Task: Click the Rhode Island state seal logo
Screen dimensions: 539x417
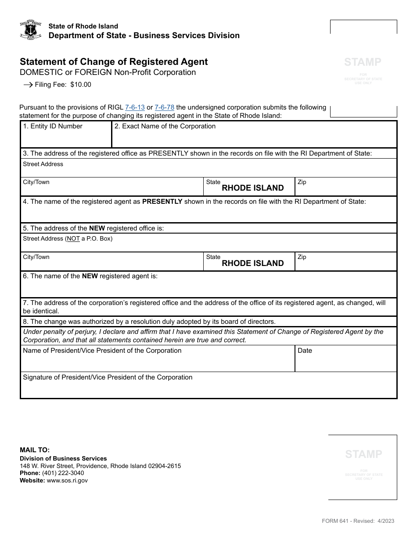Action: point(31,30)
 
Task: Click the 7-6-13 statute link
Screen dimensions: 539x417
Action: point(135,107)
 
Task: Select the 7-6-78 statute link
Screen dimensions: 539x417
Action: point(165,107)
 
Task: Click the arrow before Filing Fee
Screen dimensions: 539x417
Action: point(28,85)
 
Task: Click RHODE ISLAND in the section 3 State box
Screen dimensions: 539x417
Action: point(253,188)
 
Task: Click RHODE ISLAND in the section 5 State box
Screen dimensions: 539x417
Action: point(253,263)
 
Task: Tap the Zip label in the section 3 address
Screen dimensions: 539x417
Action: point(302,182)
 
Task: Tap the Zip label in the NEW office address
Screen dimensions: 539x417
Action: point(302,257)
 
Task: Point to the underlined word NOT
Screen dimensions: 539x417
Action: point(73,239)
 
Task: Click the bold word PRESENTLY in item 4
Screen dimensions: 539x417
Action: point(162,202)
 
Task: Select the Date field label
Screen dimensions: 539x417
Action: point(305,351)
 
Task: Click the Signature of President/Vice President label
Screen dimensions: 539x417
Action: point(108,377)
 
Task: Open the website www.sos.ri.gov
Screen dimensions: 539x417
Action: point(67,480)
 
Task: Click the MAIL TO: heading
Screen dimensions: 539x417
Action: point(35,450)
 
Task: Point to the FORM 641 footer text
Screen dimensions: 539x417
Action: point(358,521)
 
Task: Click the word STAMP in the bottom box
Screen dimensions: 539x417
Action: point(363,454)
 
